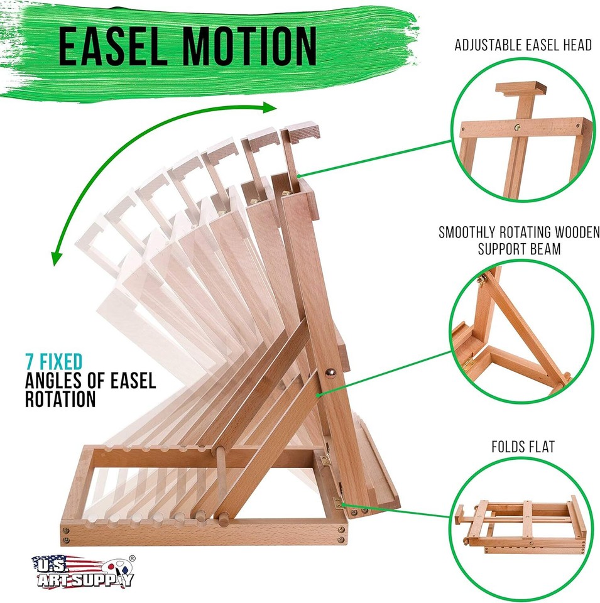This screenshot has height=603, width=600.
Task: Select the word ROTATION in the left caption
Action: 60,399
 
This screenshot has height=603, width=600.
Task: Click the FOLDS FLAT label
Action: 523,448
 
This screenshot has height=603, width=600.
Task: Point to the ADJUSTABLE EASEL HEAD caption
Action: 523,46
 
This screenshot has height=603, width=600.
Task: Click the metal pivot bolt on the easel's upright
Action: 327,372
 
